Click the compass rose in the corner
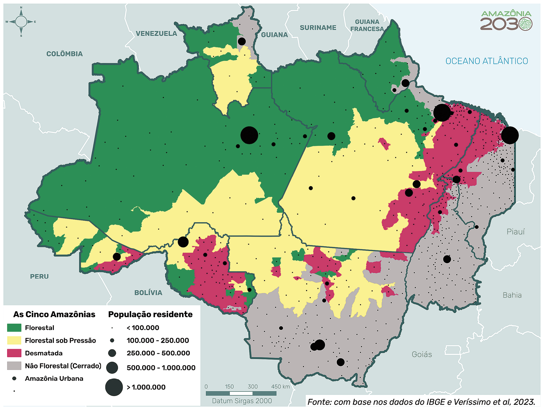point(21,22)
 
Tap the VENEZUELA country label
point(156,34)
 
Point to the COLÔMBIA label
point(64,54)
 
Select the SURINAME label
point(318,28)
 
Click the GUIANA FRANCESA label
point(367,25)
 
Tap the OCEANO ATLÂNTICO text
point(486,61)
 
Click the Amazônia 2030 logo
point(506,20)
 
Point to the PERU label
point(39,276)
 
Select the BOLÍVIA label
point(148,293)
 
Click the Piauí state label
point(515,232)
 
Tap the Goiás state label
point(421,354)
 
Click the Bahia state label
point(512,295)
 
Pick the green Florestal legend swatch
point(14,328)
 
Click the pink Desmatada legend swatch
point(14,353)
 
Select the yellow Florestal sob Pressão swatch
point(14,340)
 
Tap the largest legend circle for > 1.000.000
point(114,387)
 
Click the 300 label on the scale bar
point(252,387)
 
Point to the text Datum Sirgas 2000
point(242,401)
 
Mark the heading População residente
point(150,314)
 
